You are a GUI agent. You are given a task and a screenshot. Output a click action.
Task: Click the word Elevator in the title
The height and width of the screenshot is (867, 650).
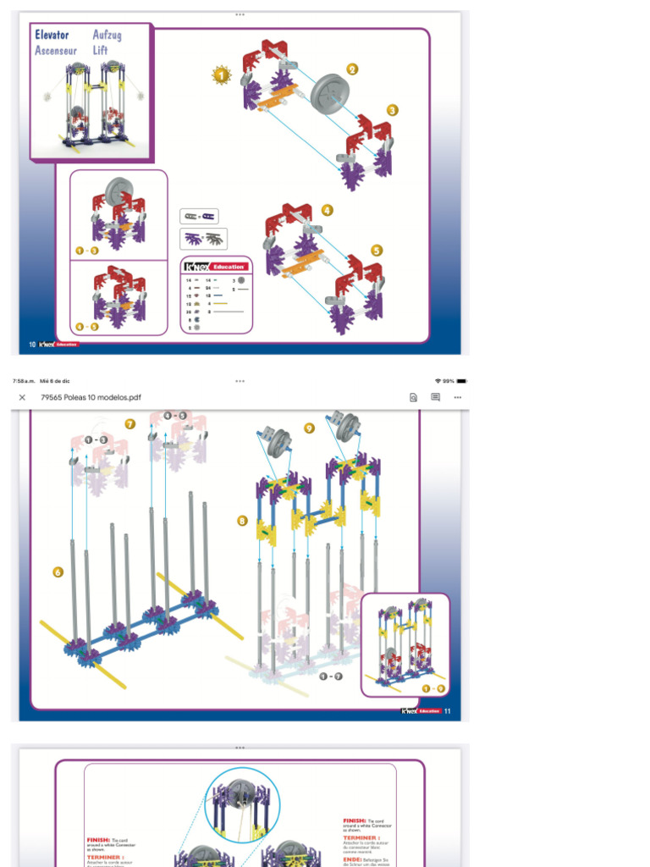tap(52, 35)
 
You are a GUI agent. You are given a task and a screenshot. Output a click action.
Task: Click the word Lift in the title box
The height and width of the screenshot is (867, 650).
tap(101, 51)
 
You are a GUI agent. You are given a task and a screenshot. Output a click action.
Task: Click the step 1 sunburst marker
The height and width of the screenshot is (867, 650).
tap(221, 76)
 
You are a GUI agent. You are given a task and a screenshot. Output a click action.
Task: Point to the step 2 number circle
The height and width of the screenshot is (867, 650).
tap(352, 69)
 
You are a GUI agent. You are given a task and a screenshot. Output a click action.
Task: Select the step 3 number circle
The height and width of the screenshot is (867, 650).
tap(392, 110)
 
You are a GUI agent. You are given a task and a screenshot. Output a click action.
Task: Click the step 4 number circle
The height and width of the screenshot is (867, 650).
tap(327, 210)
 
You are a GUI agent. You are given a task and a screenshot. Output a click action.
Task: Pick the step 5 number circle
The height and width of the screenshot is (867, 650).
tap(377, 250)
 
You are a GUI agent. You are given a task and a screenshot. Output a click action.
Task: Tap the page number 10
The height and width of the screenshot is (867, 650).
tap(32, 345)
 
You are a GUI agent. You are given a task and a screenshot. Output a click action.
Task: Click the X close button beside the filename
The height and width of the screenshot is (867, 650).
tap(22, 397)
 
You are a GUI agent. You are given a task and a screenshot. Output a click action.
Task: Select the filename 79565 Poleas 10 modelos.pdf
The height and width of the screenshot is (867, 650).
tap(91, 397)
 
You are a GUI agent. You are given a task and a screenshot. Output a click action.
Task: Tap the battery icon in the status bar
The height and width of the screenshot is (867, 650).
tap(461, 381)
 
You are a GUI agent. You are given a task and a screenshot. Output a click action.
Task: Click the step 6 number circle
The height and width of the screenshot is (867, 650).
tap(58, 572)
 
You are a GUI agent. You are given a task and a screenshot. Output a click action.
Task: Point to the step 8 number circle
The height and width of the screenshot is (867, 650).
tap(242, 521)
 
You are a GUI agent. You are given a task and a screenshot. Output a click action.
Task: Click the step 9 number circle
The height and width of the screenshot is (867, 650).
tap(309, 428)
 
